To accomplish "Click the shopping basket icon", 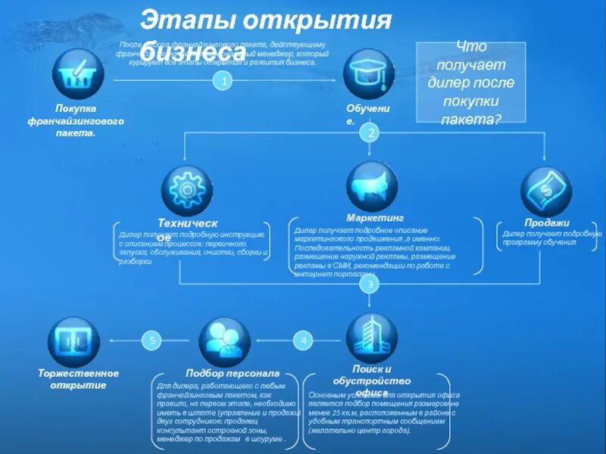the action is (x=78, y=73).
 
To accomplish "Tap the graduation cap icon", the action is (x=369, y=73).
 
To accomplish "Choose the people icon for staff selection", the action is (x=224, y=341).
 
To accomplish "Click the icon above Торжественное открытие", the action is (x=73, y=341).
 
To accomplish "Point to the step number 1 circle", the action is (x=221, y=80).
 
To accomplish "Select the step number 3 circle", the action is (x=370, y=285).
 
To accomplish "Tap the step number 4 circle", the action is (x=304, y=341).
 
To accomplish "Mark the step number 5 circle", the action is (x=152, y=341).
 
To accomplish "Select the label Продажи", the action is (x=546, y=222).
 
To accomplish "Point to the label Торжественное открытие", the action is (x=79, y=379).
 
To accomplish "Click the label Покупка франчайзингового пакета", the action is (x=76, y=120).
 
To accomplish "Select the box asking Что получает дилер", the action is (x=470, y=82).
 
